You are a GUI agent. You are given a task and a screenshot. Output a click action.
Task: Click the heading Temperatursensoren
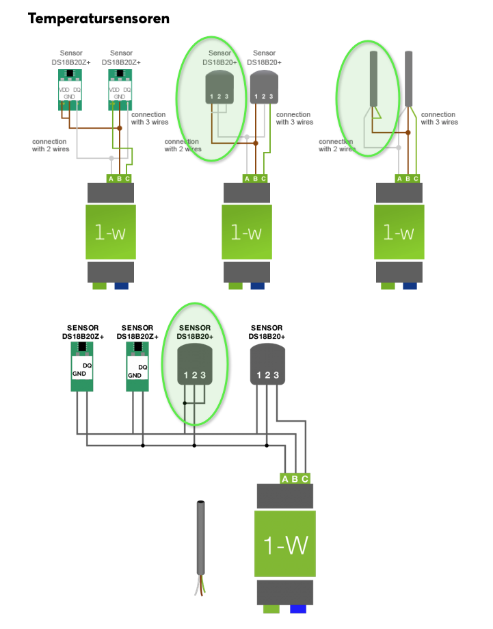tap(98, 18)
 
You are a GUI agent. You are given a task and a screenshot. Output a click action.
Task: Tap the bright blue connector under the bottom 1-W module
tap(298, 609)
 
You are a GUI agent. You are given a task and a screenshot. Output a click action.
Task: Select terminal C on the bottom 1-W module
tap(305, 478)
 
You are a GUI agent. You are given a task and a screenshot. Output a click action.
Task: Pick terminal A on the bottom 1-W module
tap(285, 478)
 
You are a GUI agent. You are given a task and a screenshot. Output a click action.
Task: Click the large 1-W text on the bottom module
tap(285, 545)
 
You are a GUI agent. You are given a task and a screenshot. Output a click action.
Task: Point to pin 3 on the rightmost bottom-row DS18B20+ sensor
tap(276, 374)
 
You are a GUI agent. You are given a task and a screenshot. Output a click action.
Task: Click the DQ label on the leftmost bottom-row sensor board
tap(88, 365)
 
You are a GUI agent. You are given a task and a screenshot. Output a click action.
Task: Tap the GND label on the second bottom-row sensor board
tap(135, 376)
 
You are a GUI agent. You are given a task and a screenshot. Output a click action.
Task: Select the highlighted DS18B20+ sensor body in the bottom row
tap(195, 365)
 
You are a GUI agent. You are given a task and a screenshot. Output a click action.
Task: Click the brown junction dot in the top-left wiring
tap(120, 128)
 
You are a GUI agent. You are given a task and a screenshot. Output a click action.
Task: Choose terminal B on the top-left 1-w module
tap(119, 179)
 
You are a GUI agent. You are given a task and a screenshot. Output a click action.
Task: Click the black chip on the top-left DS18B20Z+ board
tap(70, 73)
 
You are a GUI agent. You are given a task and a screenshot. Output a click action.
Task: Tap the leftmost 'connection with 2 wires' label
tap(51, 145)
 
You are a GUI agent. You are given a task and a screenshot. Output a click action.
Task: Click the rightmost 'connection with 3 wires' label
tap(439, 118)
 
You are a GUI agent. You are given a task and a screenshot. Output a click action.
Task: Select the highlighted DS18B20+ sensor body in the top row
tap(219, 87)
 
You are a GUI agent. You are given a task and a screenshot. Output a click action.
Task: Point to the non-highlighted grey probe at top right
tap(408, 79)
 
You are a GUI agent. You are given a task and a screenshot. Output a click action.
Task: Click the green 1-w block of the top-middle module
tap(247, 232)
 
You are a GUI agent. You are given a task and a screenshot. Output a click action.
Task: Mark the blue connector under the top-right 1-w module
tap(410, 286)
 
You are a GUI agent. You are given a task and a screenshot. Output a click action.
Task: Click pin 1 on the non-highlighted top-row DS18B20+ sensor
tap(256, 97)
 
